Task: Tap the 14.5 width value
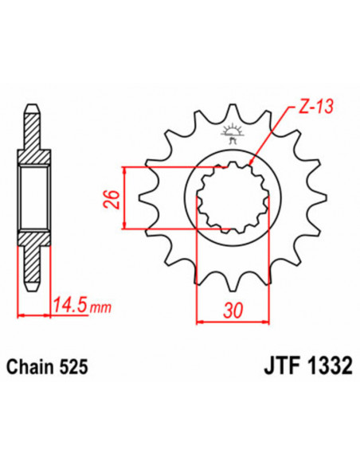coord(67,304)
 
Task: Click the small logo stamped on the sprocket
coord(233,133)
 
